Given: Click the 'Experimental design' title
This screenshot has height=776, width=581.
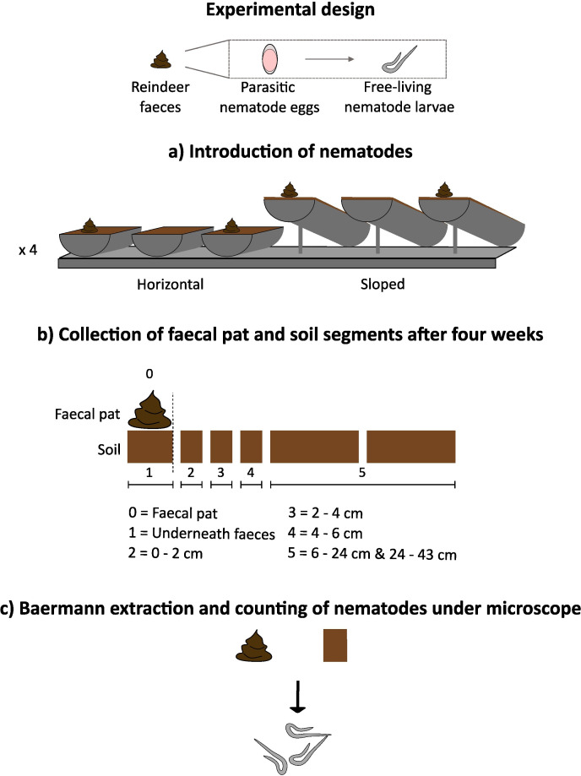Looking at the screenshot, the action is click(x=290, y=14).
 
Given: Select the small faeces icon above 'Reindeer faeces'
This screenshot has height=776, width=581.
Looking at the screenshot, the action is click(x=160, y=60).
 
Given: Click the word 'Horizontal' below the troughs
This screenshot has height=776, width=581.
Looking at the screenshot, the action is click(x=171, y=285).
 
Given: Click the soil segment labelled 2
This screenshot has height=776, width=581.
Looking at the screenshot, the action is click(x=192, y=446).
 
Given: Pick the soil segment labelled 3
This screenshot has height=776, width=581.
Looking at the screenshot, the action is click(x=221, y=446).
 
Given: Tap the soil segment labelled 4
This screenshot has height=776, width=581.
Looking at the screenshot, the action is click(x=252, y=446).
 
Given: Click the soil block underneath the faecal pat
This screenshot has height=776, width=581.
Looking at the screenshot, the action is click(x=149, y=446).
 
